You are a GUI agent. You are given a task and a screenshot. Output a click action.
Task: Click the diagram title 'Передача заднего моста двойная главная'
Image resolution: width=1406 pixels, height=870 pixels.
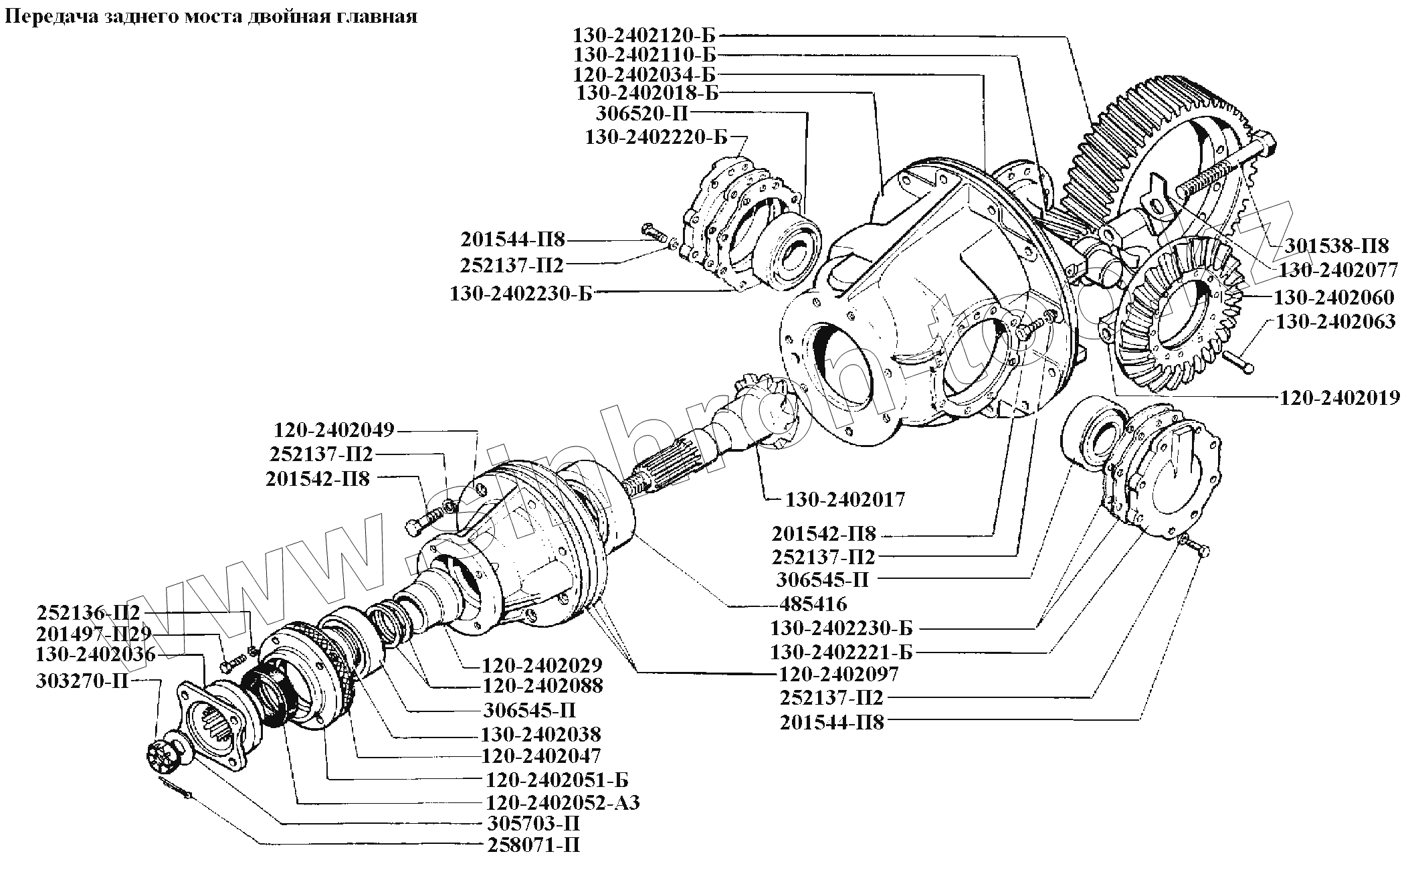[x=211, y=16]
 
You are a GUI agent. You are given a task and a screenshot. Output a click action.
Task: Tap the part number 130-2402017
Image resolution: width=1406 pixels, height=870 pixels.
[x=845, y=499]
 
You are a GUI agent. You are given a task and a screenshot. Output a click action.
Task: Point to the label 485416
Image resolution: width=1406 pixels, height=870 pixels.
[x=813, y=604]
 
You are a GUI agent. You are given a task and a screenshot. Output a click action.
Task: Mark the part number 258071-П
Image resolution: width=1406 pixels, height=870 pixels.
[x=533, y=845]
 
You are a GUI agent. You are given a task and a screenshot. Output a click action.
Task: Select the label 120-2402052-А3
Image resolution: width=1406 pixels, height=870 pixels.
[x=561, y=802]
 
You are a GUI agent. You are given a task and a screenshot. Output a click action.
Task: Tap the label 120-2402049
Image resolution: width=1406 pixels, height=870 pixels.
[x=334, y=430]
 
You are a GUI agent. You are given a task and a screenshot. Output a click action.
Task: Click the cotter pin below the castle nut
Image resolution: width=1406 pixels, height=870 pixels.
[x=175, y=787]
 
